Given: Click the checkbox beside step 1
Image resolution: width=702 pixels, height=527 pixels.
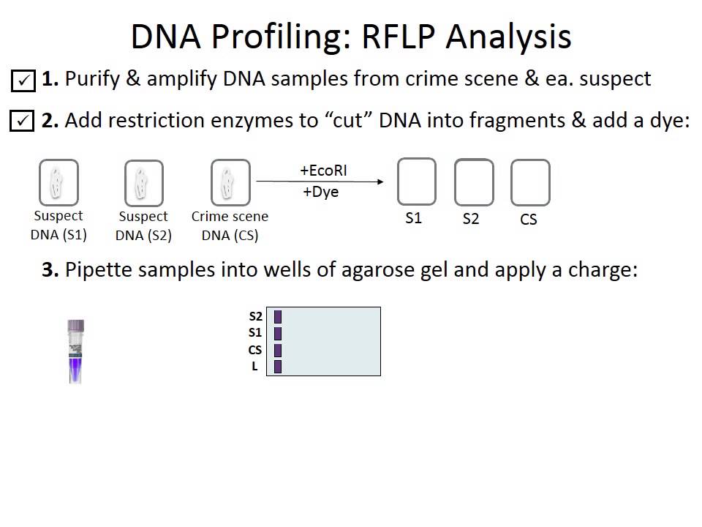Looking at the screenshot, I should pyautogui.click(x=23, y=80).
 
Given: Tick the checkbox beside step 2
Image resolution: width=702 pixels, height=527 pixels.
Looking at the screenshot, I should pyautogui.click(x=23, y=121).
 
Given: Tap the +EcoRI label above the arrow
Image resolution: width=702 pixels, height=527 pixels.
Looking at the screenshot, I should pyautogui.click(x=323, y=171).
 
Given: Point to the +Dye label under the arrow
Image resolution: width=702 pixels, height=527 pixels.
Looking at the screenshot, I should pyautogui.click(x=320, y=193).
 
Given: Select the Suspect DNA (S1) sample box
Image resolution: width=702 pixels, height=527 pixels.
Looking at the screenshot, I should pyautogui.click(x=58, y=183).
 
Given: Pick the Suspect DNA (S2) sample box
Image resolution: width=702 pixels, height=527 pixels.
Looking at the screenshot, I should pyautogui.click(x=143, y=183).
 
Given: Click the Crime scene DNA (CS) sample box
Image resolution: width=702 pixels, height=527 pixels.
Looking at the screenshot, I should pyautogui.click(x=230, y=183).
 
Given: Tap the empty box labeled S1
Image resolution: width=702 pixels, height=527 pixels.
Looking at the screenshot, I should pyautogui.click(x=416, y=182).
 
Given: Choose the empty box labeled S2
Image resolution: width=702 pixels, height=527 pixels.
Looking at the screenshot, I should pyautogui.click(x=473, y=182).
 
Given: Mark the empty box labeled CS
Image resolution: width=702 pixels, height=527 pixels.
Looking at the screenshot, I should pyautogui.click(x=529, y=182).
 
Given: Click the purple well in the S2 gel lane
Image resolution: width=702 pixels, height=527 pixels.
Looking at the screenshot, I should pyautogui.click(x=278, y=317).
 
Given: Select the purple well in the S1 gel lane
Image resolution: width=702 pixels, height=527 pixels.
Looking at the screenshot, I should pyautogui.click(x=278, y=334).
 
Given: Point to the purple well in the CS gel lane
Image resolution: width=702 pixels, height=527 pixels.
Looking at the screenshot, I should pyautogui.click(x=278, y=350).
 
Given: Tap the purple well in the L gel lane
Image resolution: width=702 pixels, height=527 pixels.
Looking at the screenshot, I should pyautogui.click(x=278, y=366).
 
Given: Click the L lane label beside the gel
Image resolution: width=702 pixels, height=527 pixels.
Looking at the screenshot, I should pyautogui.click(x=254, y=366).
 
